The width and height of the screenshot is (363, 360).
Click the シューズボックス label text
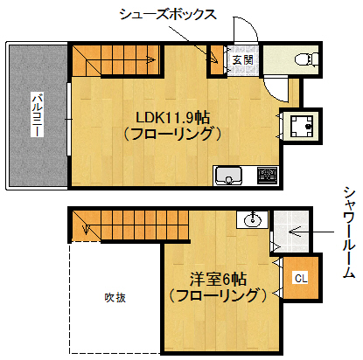coord(167,15)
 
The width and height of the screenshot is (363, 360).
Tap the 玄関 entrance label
coord(243,60)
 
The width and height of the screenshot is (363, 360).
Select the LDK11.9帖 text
coord(171,117)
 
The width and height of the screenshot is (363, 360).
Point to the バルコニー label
coord(37,116)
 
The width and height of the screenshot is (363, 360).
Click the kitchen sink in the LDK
coord(230,176)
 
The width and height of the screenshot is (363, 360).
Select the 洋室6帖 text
coord(219,280)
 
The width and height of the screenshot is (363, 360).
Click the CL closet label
coord(299,279)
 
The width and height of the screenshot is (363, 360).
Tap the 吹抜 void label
coord(115,297)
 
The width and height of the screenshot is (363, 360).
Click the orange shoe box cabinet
coord(213,59)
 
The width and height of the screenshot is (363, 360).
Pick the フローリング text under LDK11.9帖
coord(171,135)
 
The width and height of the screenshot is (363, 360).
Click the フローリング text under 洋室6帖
coord(219,297)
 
